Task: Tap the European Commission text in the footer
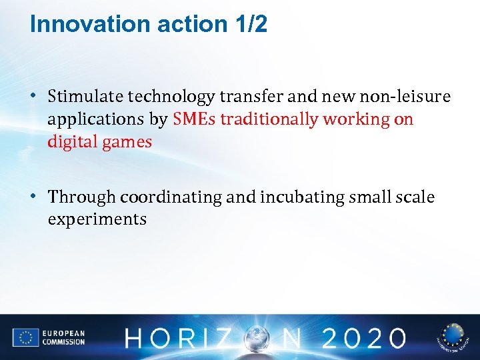63,337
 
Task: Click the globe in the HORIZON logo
255,337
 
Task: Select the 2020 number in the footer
362,337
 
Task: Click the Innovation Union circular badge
453,337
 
